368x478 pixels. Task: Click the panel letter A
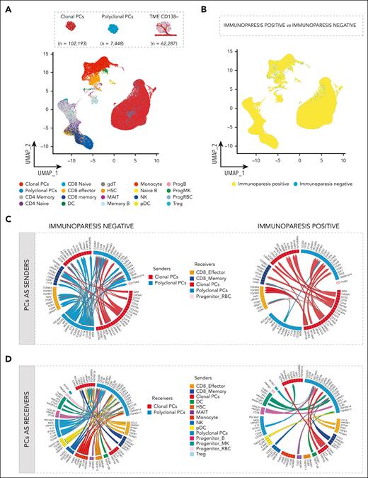tap(8, 8)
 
